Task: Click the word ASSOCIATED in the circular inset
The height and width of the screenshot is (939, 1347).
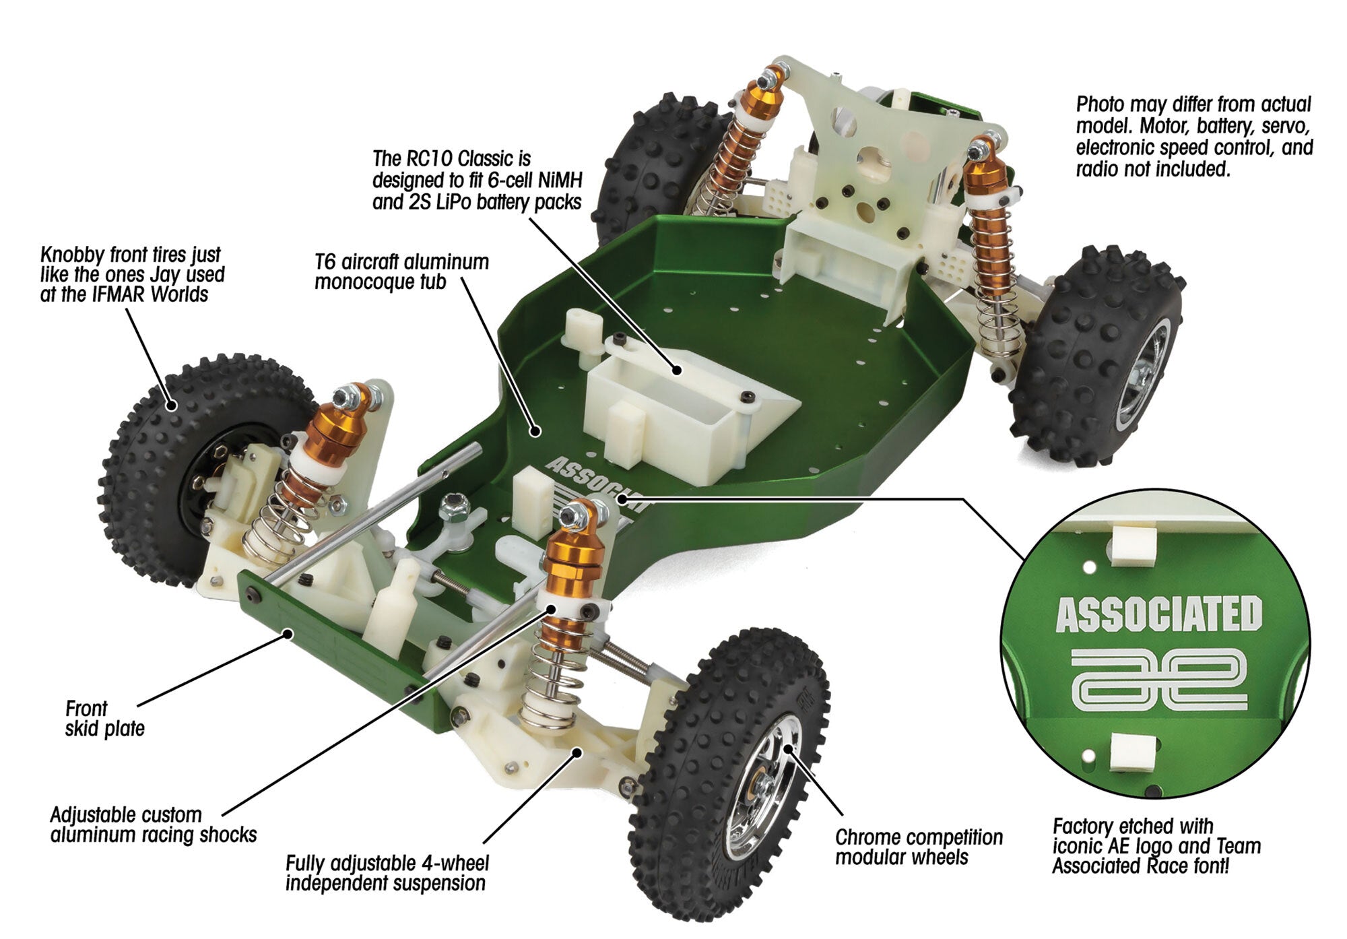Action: (1158, 614)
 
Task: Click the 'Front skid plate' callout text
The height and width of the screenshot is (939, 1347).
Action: (104, 718)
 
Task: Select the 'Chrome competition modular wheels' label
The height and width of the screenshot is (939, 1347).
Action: (918, 847)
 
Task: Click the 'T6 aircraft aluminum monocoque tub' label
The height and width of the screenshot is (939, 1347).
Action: (401, 271)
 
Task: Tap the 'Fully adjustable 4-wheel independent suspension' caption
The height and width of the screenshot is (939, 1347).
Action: (387, 872)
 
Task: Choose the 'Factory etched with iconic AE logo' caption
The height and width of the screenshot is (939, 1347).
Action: (1156, 845)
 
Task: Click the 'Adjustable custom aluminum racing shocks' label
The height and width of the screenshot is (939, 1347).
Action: (153, 824)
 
